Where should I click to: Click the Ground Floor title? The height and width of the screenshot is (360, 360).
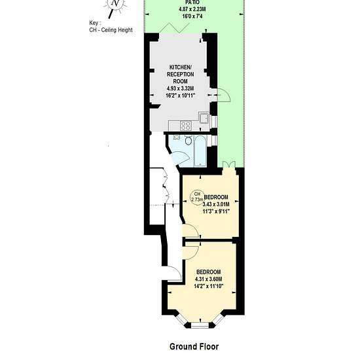tap(194, 346)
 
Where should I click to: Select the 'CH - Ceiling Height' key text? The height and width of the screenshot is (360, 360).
tap(111, 30)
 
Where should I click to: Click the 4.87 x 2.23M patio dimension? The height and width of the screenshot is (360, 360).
tap(192, 9)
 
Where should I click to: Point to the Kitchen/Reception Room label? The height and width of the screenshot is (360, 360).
tap(180, 74)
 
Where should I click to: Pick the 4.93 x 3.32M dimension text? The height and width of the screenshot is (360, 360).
tap(180, 88)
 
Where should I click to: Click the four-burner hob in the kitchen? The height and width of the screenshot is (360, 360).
tap(185, 126)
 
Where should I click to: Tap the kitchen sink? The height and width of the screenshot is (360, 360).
tap(204, 118)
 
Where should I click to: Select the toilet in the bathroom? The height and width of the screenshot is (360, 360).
tap(189, 140)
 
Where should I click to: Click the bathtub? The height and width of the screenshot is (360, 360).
tap(200, 151)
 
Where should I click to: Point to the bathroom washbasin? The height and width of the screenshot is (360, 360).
tap(176, 137)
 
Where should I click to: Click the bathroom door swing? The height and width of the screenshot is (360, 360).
tap(180, 157)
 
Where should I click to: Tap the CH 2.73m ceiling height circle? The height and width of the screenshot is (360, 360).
tap(197, 197)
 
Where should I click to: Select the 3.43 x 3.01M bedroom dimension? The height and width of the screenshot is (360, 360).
tap(216, 204)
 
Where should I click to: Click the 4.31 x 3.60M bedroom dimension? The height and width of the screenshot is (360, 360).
tap(208, 279)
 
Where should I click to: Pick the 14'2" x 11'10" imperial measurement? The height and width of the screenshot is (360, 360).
tap(208, 286)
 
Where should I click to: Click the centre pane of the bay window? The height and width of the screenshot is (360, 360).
tap(200, 325)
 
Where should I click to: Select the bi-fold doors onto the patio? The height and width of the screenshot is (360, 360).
tap(175, 27)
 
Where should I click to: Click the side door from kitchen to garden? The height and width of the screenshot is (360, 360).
tap(224, 95)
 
